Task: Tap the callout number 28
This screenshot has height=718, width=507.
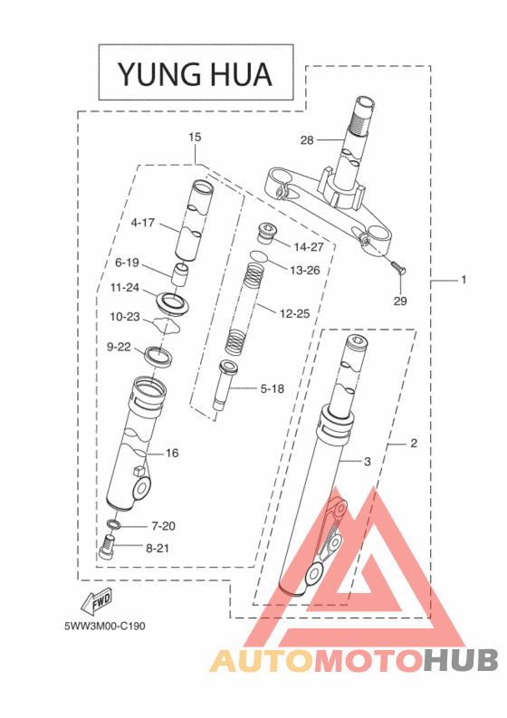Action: click(306, 140)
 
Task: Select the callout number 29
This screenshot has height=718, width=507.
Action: click(400, 301)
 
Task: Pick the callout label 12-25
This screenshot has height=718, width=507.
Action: click(295, 313)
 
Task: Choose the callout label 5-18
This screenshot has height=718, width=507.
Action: click(273, 388)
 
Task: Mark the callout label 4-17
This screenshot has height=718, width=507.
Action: click(142, 222)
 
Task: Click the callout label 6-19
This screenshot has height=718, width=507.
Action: click(127, 263)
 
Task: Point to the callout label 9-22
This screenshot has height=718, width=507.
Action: click(120, 347)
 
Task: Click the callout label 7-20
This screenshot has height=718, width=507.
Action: click(163, 525)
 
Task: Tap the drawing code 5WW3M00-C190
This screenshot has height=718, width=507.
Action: click(104, 626)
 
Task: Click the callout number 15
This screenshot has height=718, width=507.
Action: click(195, 138)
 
